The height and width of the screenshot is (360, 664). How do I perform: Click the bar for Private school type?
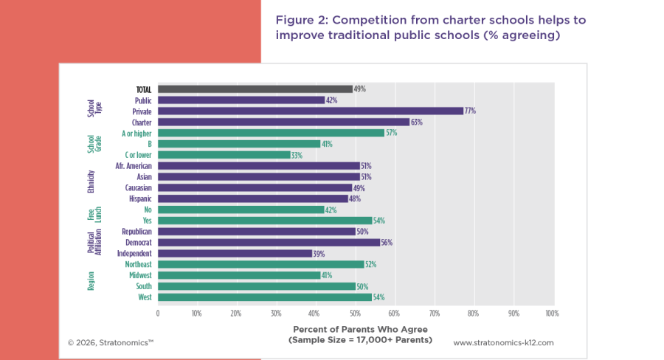(x=310, y=111)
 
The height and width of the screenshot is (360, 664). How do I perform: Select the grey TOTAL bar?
(x=255, y=89)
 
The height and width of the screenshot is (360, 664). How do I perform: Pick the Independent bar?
(x=235, y=253)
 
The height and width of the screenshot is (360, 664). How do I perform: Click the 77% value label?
(x=470, y=111)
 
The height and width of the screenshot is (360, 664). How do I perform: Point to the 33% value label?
(x=297, y=155)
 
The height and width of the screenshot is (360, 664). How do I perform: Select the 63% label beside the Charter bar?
(x=417, y=122)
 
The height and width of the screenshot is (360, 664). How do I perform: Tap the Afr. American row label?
(x=133, y=166)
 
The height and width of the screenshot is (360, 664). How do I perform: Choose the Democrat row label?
(x=138, y=242)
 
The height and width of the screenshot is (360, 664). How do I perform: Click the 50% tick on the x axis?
(x=354, y=314)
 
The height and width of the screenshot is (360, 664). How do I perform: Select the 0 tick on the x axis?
(x=158, y=314)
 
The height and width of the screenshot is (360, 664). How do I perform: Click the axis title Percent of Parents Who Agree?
(x=360, y=329)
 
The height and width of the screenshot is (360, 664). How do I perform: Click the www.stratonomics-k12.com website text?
(x=503, y=343)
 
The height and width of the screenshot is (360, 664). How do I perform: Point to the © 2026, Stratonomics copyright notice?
(x=111, y=343)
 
